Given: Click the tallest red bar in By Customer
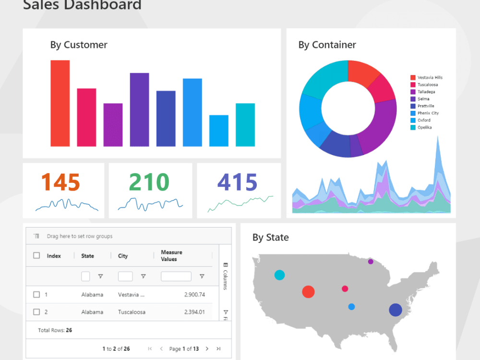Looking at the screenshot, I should click(x=60, y=103).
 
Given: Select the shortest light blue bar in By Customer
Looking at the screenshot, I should click(x=219, y=131).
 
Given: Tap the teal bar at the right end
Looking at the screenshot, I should click(x=245, y=125).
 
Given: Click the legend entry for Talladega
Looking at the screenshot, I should click(x=427, y=92).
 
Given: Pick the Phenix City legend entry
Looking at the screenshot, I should click(x=428, y=113).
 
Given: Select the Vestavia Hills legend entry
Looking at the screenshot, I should click(x=430, y=77).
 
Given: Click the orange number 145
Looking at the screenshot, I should click(x=60, y=182).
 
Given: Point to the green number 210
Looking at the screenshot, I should click(x=149, y=182).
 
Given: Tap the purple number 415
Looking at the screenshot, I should click(x=238, y=182).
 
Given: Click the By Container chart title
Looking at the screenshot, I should click(x=327, y=45).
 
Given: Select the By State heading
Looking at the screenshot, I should click(x=270, y=237).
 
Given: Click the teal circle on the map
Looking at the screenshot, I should click(x=279, y=275).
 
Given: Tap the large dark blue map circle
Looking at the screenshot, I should click(x=395, y=310).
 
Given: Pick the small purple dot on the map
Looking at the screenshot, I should click(x=371, y=262).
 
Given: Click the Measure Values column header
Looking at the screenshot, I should click(x=171, y=256).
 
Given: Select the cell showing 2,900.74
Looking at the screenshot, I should click(x=194, y=295).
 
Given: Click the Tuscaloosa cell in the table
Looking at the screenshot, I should click(x=132, y=312).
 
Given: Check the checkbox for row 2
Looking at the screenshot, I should click(x=36, y=312).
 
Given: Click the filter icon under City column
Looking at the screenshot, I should click(x=143, y=276).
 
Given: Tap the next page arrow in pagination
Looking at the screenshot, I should click(x=207, y=349).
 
